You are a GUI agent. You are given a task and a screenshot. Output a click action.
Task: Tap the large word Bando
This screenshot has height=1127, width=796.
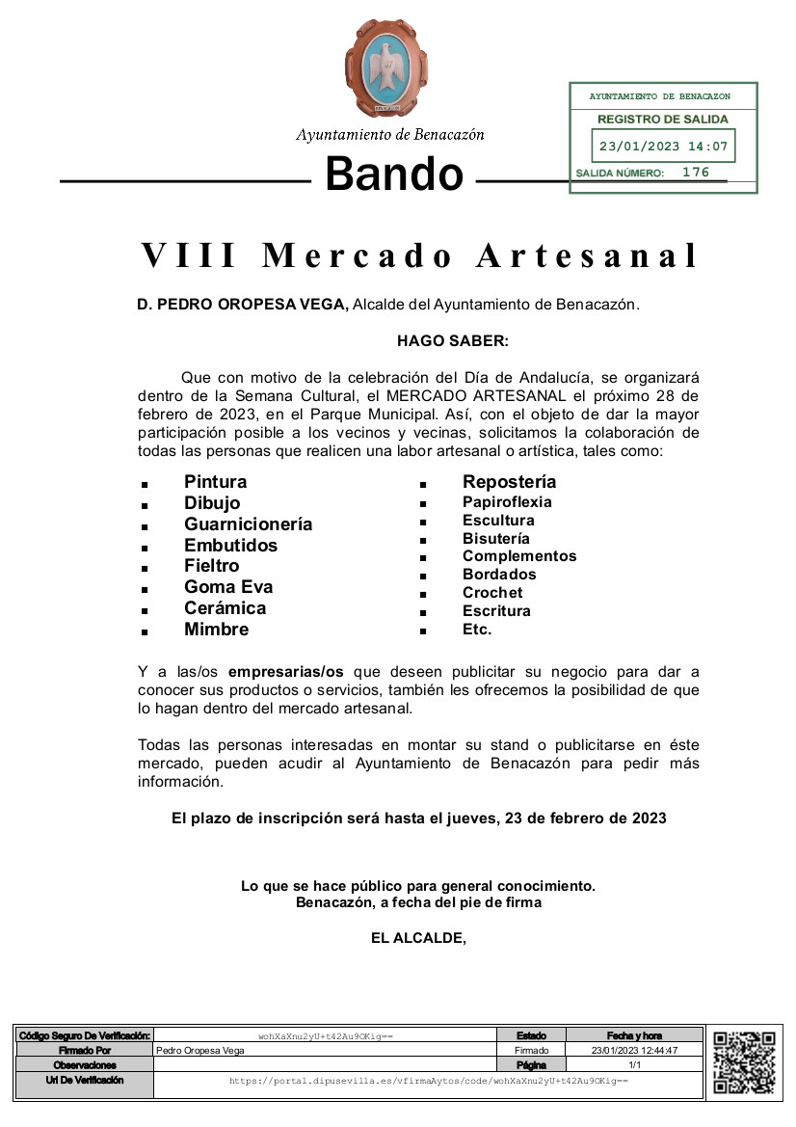pos(394,174)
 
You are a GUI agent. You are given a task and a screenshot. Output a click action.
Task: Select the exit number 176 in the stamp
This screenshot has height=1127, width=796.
pos(695,173)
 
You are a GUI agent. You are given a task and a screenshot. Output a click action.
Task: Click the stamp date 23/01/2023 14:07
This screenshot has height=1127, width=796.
pos(663,148)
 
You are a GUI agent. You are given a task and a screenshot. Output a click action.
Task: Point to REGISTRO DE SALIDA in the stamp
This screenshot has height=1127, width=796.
pos(663,120)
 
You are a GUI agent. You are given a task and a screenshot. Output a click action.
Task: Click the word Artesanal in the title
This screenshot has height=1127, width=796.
pos(587,256)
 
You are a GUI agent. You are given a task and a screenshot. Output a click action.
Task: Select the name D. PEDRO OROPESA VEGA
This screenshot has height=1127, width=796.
pos(242,305)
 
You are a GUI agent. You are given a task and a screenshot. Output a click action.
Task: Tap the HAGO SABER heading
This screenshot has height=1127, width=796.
pos(452,340)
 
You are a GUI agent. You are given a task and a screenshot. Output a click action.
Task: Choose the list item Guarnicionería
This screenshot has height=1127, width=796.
pos(248,524)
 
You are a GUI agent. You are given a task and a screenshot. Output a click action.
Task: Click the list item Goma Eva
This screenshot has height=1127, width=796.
pos(228,587)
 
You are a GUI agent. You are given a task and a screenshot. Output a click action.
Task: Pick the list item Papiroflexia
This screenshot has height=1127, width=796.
pos(507,502)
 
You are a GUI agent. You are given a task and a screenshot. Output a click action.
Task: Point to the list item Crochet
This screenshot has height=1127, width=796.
pos(492,593)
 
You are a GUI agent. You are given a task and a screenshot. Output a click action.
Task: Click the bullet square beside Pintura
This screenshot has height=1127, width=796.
pos(144,484)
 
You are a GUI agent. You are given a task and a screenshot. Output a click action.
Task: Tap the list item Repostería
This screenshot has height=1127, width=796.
pos(509,482)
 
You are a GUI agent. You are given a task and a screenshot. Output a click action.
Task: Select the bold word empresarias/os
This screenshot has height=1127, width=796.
pos(286,672)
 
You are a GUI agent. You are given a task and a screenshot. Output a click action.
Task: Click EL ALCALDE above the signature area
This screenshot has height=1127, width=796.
pos(418,936)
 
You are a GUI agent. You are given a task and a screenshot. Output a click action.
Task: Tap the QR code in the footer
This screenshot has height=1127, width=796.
pos(744,1061)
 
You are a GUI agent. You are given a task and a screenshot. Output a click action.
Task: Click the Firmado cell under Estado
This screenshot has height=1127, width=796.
pos(531,1050)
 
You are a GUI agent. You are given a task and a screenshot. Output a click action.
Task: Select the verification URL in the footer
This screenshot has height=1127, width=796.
pos(428,1081)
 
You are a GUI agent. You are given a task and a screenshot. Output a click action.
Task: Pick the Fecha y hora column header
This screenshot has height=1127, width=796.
pos(634,1035)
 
